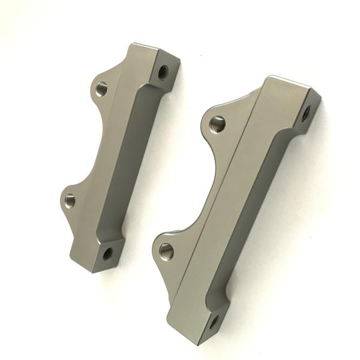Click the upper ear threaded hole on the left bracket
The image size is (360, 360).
coord(101,89)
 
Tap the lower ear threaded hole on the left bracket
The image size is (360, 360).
coord(70,198)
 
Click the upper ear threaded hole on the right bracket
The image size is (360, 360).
coord(218,124)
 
